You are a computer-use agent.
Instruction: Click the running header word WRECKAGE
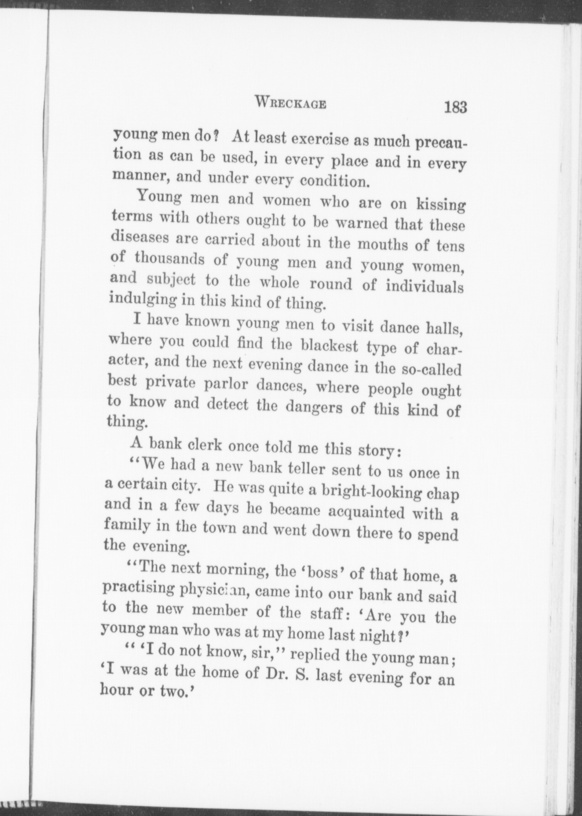(291, 102)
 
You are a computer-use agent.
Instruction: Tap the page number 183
(455, 107)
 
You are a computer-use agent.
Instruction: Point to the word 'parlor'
(227, 385)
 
